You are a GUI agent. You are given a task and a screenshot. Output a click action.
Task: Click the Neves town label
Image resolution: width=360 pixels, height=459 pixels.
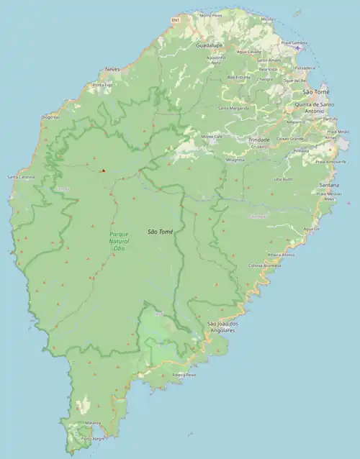pyautogui.click(x=112, y=69)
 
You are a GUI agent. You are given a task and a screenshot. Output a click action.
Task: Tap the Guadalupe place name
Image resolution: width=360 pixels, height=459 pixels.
pyautogui.click(x=209, y=45)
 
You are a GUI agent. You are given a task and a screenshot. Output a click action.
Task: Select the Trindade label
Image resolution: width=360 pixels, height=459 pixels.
pyautogui.click(x=258, y=140)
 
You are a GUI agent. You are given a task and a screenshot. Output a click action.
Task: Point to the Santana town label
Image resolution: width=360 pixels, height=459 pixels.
pyautogui.click(x=329, y=185)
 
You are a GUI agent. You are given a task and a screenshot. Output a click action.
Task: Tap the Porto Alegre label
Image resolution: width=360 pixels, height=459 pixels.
pyautogui.click(x=93, y=438)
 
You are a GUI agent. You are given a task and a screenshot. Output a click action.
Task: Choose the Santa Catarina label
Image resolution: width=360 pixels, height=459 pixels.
pyautogui.click(x=21, y=177)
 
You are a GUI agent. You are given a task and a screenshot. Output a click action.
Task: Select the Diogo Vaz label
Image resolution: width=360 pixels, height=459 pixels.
pyautogui.click(x=50, y=117)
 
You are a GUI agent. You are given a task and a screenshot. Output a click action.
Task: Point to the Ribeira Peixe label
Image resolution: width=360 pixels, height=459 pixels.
pyautogui.click(x=184, y=375)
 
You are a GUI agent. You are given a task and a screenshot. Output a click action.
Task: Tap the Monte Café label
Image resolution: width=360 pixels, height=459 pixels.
pyautogui.click(x=212, y=136)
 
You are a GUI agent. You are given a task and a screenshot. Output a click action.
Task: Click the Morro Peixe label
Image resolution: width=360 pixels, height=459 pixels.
pyautogui.click(x=211, y=14)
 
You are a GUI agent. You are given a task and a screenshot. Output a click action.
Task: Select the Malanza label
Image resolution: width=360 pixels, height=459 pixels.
pyautogui.click(x=93, y=423)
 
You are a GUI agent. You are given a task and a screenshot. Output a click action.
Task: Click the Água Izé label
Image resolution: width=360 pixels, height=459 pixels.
pyautogui.click(x=311, y=229)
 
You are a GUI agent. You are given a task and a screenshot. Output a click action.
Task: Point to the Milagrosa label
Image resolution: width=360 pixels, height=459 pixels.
pyautogui.click(x=235, y=159)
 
